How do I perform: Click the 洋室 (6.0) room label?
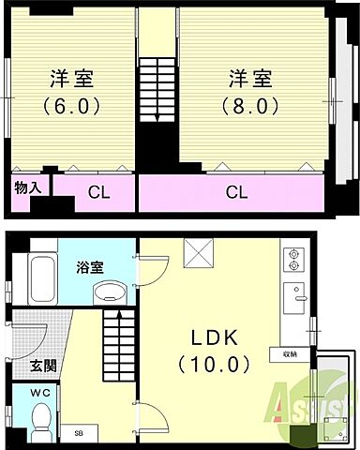click(71, 91)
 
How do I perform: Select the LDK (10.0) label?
click(221, 348)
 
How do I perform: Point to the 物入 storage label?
click(27, 187)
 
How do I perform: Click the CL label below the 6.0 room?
click(97, 194)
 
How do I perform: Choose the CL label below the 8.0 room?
click(236, 194)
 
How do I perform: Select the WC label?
click(40, 391)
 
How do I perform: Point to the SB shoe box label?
click(79, 433)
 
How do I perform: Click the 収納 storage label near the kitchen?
click(290, 354)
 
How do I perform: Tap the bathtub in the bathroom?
click(39, 277)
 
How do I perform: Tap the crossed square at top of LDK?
click(200, 252)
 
